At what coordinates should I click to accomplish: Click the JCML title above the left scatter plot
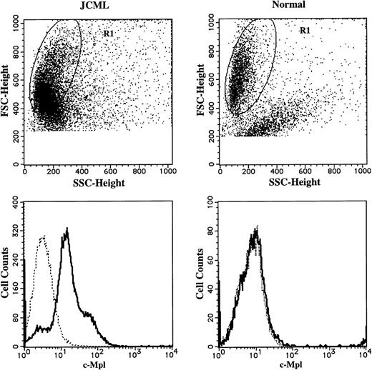coord(97,6)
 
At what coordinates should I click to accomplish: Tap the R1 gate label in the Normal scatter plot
coord(303,31)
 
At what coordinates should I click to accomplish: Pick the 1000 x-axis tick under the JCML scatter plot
coord(167,172)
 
